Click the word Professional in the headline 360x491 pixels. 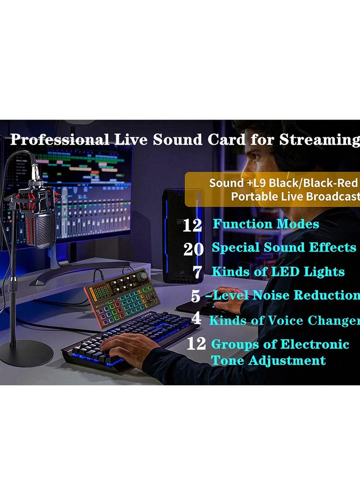[x=59, y=140]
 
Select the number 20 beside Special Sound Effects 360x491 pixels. [x=193, y=249]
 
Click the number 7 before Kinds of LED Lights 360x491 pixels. [x=198, y=272]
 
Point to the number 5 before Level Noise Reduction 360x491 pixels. [x=196, y=296]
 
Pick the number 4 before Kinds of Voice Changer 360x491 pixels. [x=197, y=319]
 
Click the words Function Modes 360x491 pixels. [x=265, y=224]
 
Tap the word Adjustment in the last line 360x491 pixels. [x=287, y=361]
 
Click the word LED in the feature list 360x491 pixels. [x=285, y=272]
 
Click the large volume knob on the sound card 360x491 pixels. [x=143, y=276]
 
